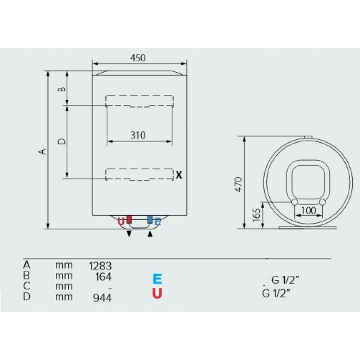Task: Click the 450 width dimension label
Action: pos(138,58)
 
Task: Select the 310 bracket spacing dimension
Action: pos(138,135)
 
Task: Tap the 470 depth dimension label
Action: pos(239,184)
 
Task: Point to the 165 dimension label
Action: pos(257,215)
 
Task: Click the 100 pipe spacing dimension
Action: pos(308,210)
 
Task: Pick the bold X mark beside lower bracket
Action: pos(179,175)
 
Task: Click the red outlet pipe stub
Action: pos(129,220)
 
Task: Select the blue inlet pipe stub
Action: pos(150,220)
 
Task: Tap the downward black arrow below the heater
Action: pos(129,234)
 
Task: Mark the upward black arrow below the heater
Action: pos(150,234)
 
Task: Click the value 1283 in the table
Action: pos(100,266)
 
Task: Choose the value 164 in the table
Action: pos(103,277)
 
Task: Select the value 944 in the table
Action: pos(102,298)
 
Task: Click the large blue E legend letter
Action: pos(157,279)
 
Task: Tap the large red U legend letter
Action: pos(157,293)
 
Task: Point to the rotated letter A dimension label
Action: pos(42,152)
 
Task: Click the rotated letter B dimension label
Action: pos(61,89)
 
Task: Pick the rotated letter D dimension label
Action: pos(61,141)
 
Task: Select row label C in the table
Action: pos(27,286)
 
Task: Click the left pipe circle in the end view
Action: pos(295,202)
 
